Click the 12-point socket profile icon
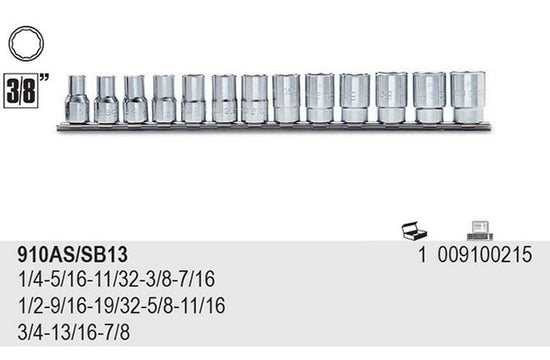coord(26,44)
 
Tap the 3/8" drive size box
coord(21,91)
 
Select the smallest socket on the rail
coord(77,99)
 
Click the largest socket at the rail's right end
coord(468,97)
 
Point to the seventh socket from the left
coord(255,99)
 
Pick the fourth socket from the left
coord(164,99)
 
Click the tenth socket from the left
coord(355,98)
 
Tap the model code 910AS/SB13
coord(73,254)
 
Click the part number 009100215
coord(485,254)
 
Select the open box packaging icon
coord(414,231)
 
